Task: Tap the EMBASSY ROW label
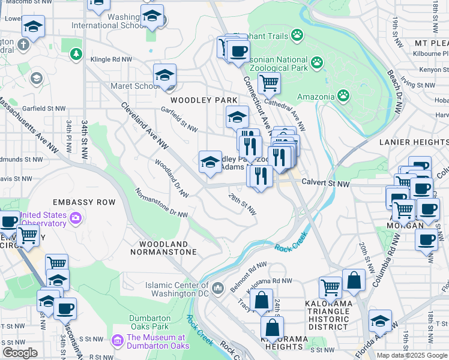tap(83, 202)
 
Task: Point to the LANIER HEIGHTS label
tap(414, 142)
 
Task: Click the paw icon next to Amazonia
tap(343, 95)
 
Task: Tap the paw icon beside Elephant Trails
tap(297, 35)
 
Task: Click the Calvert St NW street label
tap(325, 182)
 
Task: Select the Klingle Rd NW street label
tap(111, 59)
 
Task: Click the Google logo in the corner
tap(20, 353)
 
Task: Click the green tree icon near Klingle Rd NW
tap(76, 55)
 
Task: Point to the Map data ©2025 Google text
tap(412, 355)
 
